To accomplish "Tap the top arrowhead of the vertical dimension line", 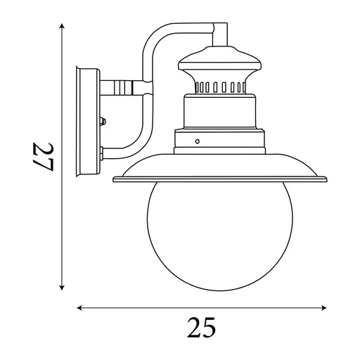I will tap(63, 26).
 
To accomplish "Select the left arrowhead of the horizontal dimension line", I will tap(79, 308).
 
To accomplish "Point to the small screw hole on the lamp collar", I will tap(198, 141).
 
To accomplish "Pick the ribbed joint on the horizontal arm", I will tap(124, 89).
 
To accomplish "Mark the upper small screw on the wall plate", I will tap(103, 121).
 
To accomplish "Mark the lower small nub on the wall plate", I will tap(103, 150).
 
